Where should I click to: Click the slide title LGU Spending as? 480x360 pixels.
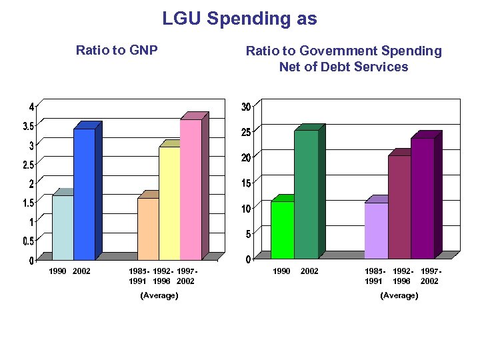[239, 19]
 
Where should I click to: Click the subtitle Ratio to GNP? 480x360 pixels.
[117, 50]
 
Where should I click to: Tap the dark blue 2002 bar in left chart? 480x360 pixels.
[84, 193]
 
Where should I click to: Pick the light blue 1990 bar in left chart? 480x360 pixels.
[63, 227]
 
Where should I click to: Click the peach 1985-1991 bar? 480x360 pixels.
[148, 229]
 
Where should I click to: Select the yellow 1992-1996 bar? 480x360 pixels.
[169, 203]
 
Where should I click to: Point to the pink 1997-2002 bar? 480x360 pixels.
[191, 189]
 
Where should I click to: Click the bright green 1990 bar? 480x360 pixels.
[282, 229]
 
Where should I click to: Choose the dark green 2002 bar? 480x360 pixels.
[306, 194]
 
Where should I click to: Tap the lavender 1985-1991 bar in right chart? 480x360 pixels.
[376, 230]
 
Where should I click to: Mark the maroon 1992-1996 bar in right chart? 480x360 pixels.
[399, 207]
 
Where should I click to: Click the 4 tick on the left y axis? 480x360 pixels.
[31, 107]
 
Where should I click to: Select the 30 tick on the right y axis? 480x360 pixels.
[246, 107]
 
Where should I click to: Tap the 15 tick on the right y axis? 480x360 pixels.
[246, 183]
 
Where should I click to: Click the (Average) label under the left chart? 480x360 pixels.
[159, 295]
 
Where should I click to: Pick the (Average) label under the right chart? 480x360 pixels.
[399, 295]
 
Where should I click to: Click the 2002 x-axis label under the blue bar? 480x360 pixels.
[81, 271]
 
